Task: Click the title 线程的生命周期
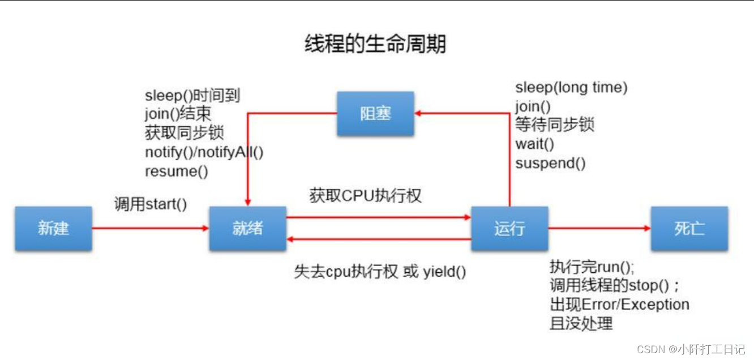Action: click(x=376, y=44)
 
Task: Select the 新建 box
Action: click(x=53, y=228)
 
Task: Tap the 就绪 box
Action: click(x=247, y=228)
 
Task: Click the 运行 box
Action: click(x=509, y=228)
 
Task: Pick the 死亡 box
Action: click(x=689, y=228)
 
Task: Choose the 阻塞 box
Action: click(x=375, y=114)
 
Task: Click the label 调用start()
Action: click(x=151, y=204)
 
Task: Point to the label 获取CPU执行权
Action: click(x=366, y=196)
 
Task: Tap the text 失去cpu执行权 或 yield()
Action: click(x=380, y=272)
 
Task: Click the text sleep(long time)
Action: click(x=571, y=88)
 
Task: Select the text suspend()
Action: click(x=550, y=164)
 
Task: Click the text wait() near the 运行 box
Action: click(x=534, y=144)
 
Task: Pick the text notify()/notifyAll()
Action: click(x=204, y=152)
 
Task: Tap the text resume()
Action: click(x=177, y=171)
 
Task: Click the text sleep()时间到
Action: click(x=192, y=95)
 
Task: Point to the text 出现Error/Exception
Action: click(x=619, y=305)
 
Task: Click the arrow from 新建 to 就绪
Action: click(x=150, y=228)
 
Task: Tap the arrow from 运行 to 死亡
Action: click(x=599, y=228)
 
